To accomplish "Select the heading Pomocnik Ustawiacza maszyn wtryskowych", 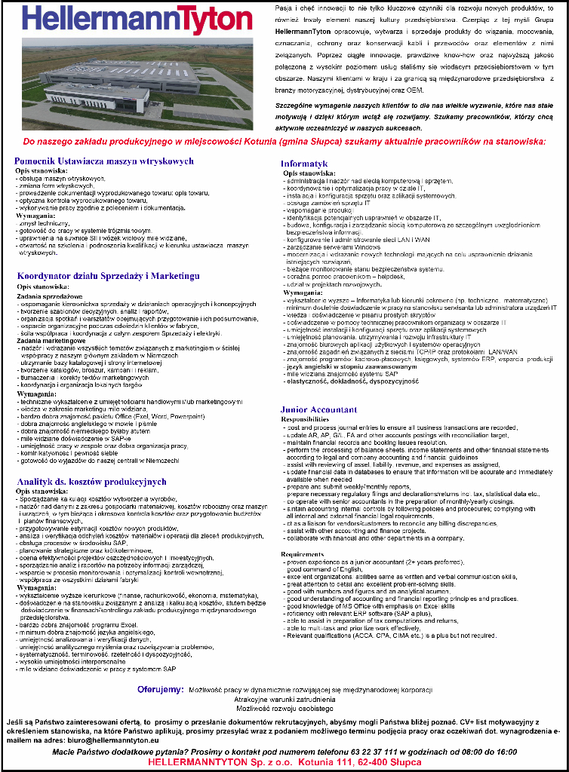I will [104, 161].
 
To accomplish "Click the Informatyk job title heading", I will [304, 163].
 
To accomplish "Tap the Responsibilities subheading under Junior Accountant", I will [305, 418].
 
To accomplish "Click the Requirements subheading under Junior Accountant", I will [302, 554].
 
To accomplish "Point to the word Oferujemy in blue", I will [160, 689].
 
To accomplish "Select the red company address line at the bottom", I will [284, 762].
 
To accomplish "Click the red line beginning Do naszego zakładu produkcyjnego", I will [284, 141].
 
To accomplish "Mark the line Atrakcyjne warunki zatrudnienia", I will [284, 699].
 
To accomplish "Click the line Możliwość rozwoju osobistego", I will [284, 709].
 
